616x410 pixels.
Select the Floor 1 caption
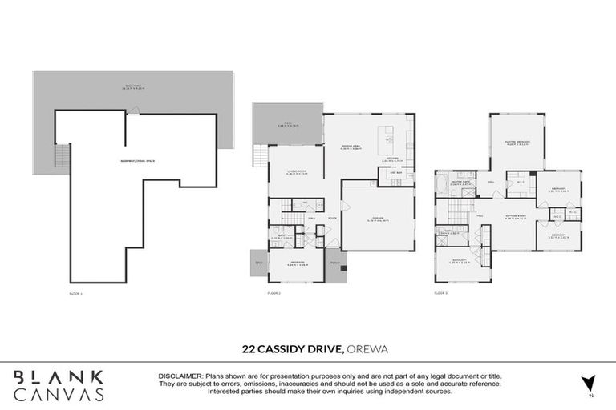tap(77, 294)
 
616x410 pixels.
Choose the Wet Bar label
tap(395, 173)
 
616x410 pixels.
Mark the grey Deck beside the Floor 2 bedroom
tap(259, 263)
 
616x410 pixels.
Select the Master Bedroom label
tap(517, 144)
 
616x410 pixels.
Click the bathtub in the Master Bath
tap(444, 186)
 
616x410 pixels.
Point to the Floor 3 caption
tap(442, 294)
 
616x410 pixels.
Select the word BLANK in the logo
tap(59, 376)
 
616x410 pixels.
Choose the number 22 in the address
tap(249, 349)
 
